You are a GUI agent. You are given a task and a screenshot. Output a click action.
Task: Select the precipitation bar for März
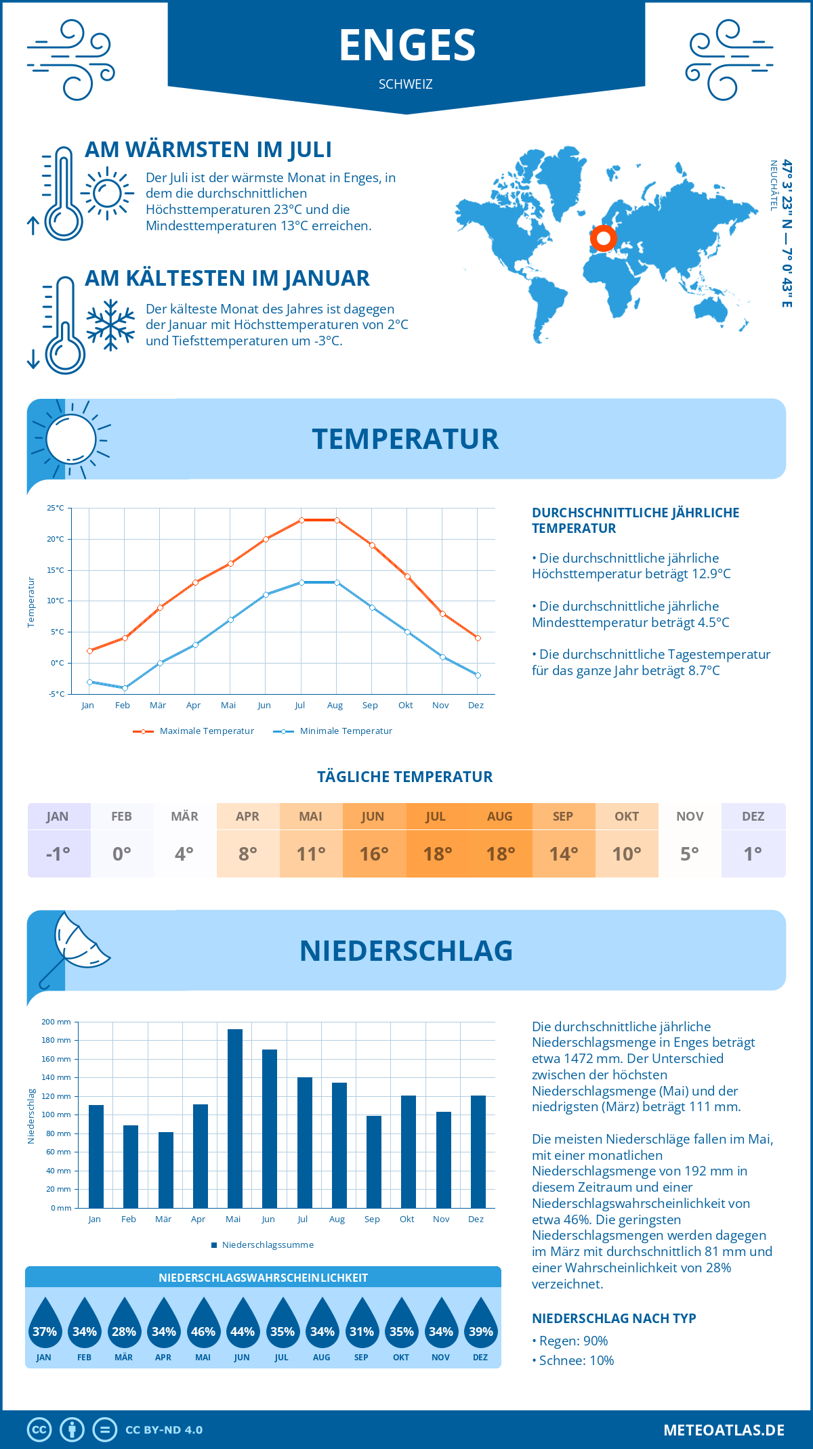pyautogui.click(x=165, y=1170)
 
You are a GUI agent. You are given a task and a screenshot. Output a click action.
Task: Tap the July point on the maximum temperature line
pyautogui.click(x=301, y=520)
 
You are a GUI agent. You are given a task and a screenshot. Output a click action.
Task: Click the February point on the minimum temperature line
pyautogui.click(x=125, y=688)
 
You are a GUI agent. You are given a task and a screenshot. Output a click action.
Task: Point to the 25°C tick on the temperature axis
pyautogui.click(x=56, y=508)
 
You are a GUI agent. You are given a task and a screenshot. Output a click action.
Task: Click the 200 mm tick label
pyautogui.click(x=56, y=1022)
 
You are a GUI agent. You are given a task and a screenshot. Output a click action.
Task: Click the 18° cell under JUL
pyautogui.click(x=438, y=854)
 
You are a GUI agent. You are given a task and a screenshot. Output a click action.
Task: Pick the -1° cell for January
pyautogui.click(x=58, y=854)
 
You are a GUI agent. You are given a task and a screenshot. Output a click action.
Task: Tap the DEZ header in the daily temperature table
pyautogui.click(x=753, y=817)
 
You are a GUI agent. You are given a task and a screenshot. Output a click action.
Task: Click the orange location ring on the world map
pyautogui.click(x=602, y=238)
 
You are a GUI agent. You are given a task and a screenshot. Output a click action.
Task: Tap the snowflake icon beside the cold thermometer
pyautogui.click(x=110, y=325)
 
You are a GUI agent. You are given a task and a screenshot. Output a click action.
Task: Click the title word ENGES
pyautogui.click(x=407, y=45)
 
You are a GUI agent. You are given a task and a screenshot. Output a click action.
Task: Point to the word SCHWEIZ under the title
pyautogui.click(x=406, y=85)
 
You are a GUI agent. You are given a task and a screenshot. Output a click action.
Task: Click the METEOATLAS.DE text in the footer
pyautogui.click(x=724, y=1430)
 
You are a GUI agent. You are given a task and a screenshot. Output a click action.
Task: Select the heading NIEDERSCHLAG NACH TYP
pyautogui.click(x=614, y=1318)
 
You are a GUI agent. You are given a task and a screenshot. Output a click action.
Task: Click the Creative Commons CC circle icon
pyautogui.click(x=39, y=1430)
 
